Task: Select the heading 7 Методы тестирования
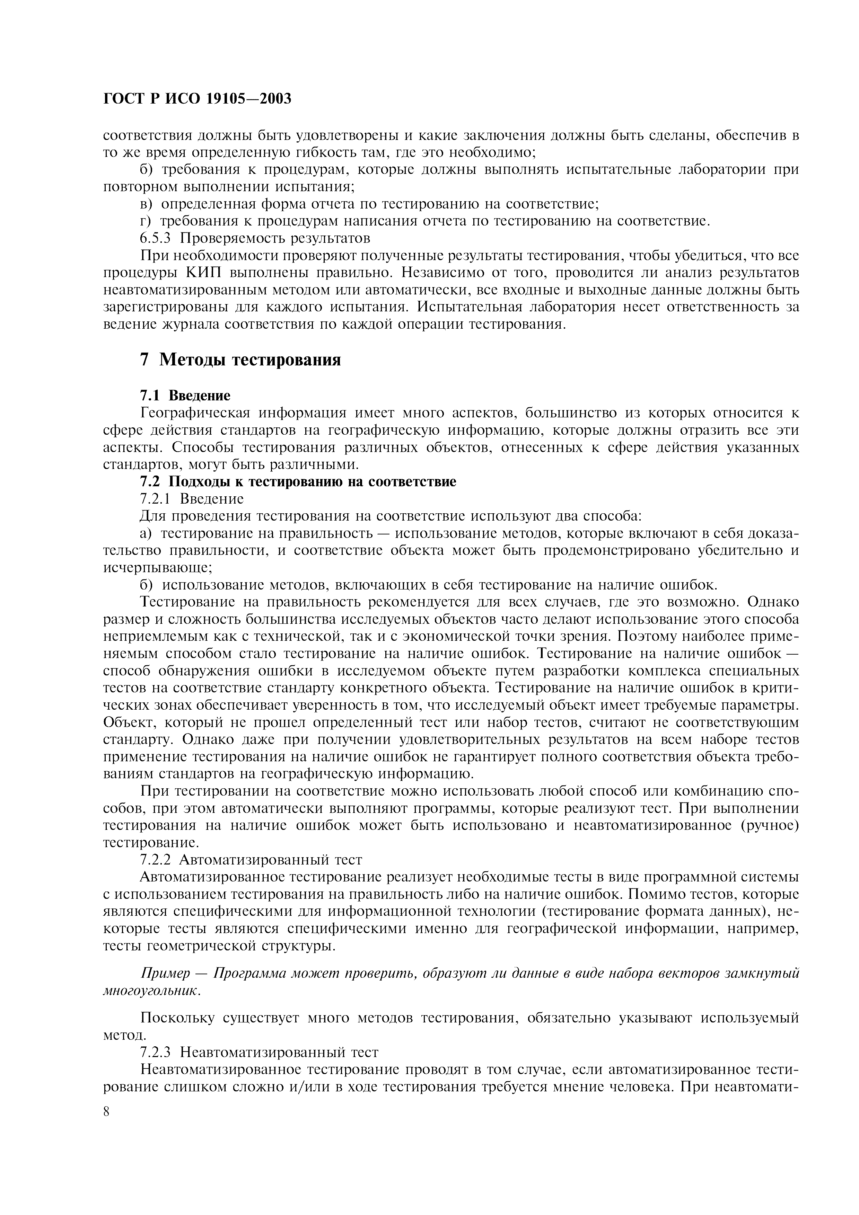click(x=240, y=360)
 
